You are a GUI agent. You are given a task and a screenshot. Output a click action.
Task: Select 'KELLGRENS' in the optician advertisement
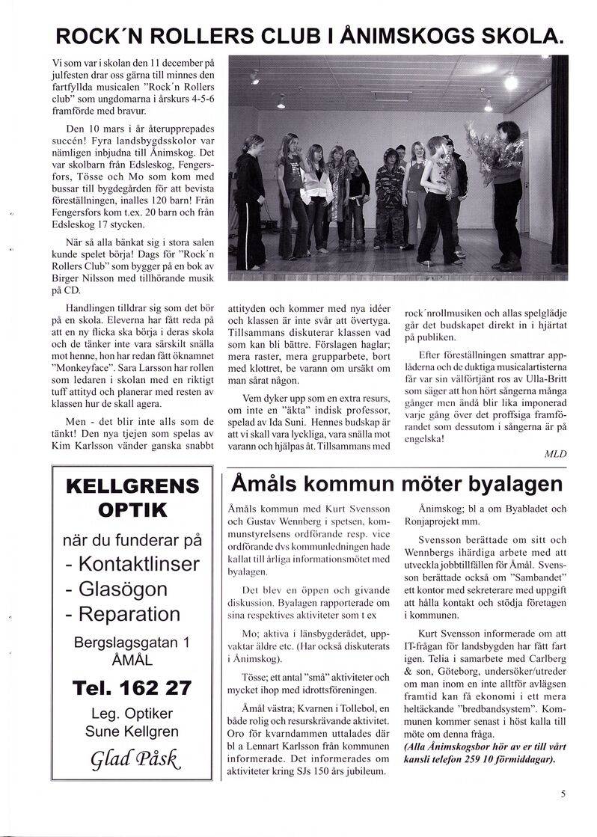[133, 486]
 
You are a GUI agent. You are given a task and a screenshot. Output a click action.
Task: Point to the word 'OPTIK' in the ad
[132, 512]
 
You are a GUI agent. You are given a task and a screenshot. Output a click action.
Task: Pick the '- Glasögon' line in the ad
[116, 589]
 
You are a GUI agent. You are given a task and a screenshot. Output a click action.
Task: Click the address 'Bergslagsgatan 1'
[132, 642]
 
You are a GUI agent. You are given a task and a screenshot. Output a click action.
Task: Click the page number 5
[563, 794]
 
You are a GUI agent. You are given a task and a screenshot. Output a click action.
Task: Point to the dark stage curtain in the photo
[560, 161]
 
